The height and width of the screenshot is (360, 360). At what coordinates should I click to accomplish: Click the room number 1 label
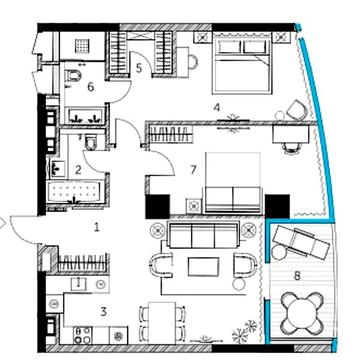tap(97, 227)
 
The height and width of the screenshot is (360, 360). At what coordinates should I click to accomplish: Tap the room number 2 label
tap(78, 170)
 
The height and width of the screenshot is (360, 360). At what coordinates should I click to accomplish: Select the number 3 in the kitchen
tap(104, 312)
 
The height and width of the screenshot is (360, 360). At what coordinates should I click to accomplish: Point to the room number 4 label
tap(217, 107)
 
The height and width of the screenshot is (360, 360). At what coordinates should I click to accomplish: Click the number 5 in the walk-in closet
tap(139, 68)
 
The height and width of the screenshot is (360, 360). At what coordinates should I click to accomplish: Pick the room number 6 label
tap(91, 87)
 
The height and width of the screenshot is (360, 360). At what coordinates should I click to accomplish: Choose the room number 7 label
tap(193, 170)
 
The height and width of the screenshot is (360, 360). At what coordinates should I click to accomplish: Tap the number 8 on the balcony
tap(297, 276)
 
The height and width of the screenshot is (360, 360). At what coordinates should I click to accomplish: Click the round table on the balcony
tap(302, 313)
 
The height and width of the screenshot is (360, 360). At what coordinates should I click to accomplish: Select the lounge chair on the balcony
tap(300, 242)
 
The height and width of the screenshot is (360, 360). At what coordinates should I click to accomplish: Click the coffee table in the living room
tap(203, 267)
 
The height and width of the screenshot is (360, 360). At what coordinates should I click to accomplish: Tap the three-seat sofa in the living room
tap(203, 235)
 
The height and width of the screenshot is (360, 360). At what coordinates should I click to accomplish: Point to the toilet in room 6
tap(74, 76)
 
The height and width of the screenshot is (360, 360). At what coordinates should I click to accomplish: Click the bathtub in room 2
tap(76, 192)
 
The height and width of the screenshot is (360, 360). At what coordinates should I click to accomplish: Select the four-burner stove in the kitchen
tap(83, 335)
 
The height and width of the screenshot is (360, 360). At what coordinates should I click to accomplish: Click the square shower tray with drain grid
tap(81, 45)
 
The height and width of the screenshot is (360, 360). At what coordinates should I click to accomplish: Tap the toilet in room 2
tap(90, 142)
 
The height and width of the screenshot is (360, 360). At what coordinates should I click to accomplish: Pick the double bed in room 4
tap(243, 63)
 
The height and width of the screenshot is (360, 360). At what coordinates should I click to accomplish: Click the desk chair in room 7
tap(291, 147)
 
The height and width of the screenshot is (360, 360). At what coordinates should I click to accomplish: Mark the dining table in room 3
tap(162, 323)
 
